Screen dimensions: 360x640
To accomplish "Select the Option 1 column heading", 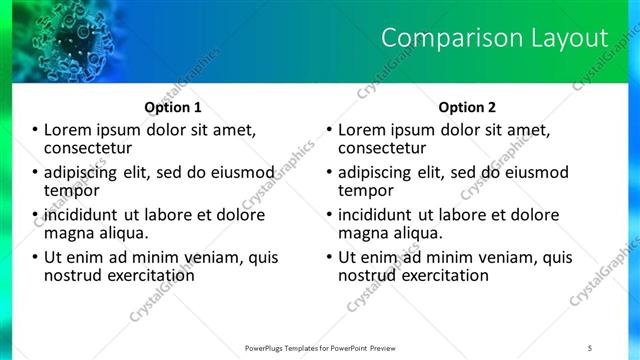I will point(173,107).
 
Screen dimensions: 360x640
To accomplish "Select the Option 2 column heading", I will point(466,107).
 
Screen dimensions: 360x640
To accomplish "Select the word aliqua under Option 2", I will point(417,233).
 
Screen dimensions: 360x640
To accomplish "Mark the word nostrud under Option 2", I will point(368,275).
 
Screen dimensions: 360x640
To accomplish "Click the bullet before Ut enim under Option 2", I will point(329,257).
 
